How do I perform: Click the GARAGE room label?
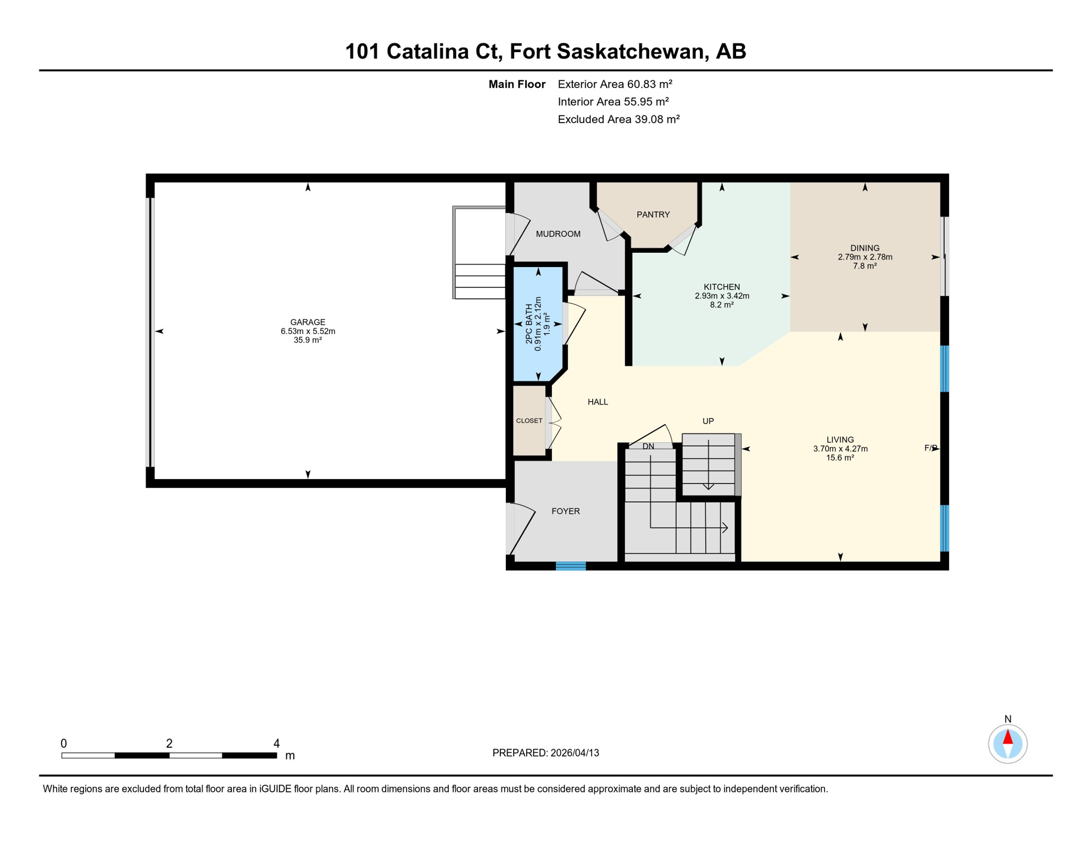(x=308, y=322)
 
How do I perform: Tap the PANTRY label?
(x=653, y=215)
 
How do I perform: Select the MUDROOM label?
(x=558, y=234)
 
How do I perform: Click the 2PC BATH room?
(x=538, y=324)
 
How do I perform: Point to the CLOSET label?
(x=529, y=421)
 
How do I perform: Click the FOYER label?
(x=565, y=512)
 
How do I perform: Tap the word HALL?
(x=598, y=402)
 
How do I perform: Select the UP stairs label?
(x=708, y=421)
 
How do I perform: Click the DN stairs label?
(x=648, y=447)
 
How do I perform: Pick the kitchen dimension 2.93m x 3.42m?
(x=722, y=296)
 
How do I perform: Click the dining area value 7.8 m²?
(x=865, y=266)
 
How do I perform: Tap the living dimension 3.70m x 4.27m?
(x=840, y=449)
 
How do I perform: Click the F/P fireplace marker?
(x=930, y=448)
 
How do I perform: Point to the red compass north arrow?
(x=1007, y=737)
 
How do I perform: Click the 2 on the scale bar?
(x=169, y=743)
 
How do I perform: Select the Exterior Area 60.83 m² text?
(x=615, y=84)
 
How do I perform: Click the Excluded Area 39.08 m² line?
(x=619, y=119)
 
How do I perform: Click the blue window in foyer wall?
(x=571, y=566)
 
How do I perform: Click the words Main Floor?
(x=516, y=84)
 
